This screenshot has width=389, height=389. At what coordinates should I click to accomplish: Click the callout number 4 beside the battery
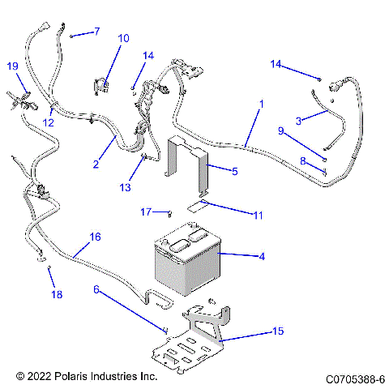click(x=262, y=257)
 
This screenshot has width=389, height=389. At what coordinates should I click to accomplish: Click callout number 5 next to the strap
click(x=234, y=172)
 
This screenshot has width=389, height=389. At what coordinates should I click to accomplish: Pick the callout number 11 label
click(x=235, y=216)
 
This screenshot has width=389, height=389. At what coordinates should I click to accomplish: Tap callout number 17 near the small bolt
click(x=145, y=212)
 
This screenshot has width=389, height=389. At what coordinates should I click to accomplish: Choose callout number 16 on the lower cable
click(x=95, y=237)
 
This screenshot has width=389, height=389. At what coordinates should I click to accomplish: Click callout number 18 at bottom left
click(x=57, y=294)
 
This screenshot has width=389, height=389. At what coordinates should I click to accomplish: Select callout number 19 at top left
click(x=12, y=66)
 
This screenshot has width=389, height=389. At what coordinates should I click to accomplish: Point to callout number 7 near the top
click(x=96, y=32)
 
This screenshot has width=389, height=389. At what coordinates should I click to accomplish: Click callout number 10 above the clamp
click(x=123, y=38)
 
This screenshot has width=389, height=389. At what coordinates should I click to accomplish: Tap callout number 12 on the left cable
click(x=48, y=122)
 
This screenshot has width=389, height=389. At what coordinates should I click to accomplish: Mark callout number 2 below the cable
click(x=96, y=165)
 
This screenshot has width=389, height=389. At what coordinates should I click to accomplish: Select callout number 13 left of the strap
click(x=123, y=187)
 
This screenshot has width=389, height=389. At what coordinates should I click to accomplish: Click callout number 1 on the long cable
click(x=261, y=104)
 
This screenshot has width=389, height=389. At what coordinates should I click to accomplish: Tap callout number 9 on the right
click(x=281, y=130)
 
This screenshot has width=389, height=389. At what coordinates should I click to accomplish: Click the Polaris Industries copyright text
click(x=86, y=377)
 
